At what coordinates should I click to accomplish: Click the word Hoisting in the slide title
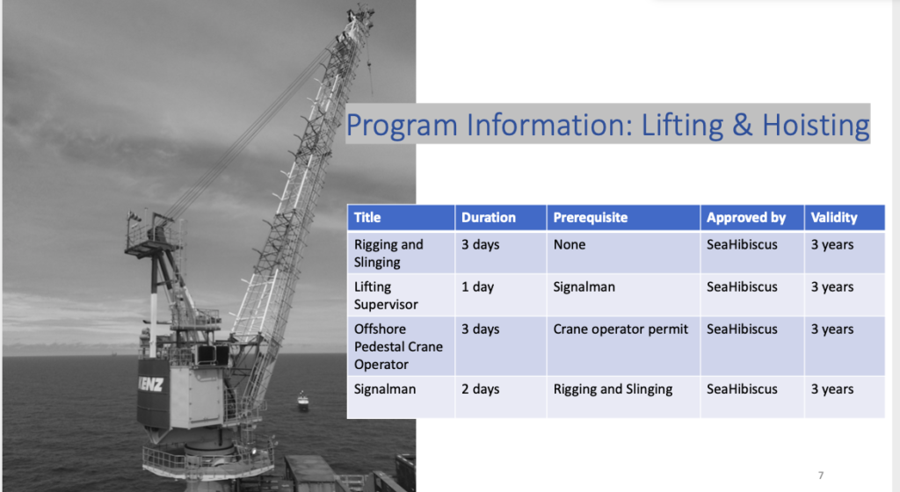(x=816, y=126)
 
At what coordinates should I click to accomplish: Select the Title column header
(x=367, y=217)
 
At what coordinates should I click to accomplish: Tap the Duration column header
(x=489, y=217)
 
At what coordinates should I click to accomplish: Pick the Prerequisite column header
(x=590, y=217)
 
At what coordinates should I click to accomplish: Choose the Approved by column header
(x=746, y=217)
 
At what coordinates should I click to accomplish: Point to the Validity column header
(x=834, y=217)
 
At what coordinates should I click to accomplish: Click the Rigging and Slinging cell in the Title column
(x=388, y=253)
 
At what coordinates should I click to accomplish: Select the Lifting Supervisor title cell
(x=386, y=295)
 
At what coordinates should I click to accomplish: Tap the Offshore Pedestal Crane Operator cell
(x=398, y=346)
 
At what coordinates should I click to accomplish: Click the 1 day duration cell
(x=477, y=286)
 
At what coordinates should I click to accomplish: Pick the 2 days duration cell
(x=481, y=389)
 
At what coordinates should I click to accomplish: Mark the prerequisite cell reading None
(x=570, y=244)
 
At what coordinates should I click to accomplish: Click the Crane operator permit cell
(x=621, y=329)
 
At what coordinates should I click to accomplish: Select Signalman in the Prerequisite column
(x=584, y=286)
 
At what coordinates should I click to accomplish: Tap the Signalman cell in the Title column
(x=385, y=389)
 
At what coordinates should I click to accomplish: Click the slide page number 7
(x=821, y=474)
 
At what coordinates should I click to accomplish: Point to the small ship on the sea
(x=302, y=401)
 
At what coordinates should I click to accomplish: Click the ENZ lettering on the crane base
(x=151, y=384)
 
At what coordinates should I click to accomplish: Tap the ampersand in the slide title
(x=742, y=125)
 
